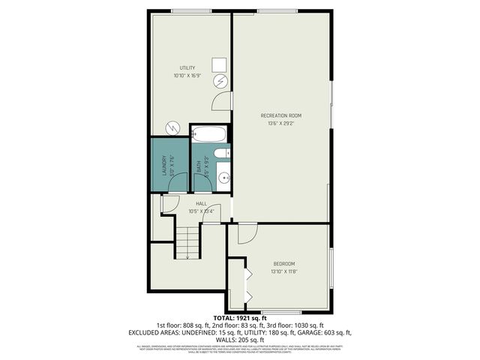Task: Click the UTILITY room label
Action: pos(187,68)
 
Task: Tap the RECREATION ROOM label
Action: pos(280,115)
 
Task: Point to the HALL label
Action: pos(201,203)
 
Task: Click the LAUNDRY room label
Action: pos(162,165)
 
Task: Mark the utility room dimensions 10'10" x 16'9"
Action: pos(187,76)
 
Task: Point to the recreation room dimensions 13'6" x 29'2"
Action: pos(280,124)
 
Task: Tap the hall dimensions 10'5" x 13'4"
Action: pos(201,211)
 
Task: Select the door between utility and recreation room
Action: pos(223,101)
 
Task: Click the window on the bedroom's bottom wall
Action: pos(281,311)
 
